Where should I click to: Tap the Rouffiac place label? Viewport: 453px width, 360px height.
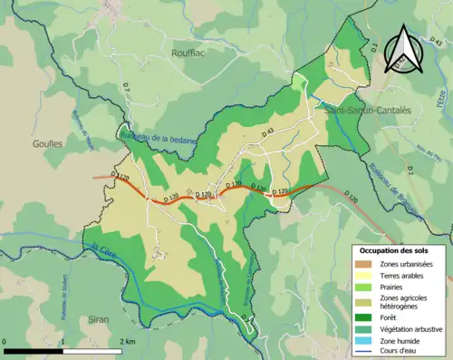[x=190, y=54]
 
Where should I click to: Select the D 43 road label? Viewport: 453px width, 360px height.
[x=270, y=133]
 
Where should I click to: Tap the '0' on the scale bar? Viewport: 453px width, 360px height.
[x=5, y=341]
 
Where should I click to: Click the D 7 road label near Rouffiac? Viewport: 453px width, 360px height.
[x=126, y=88]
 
